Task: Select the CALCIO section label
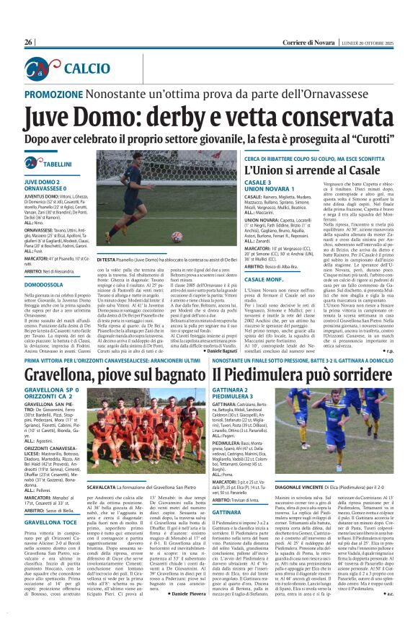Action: [85, 69]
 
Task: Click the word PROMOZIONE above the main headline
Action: [61, 94]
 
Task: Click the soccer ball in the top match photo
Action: [177, 236]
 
